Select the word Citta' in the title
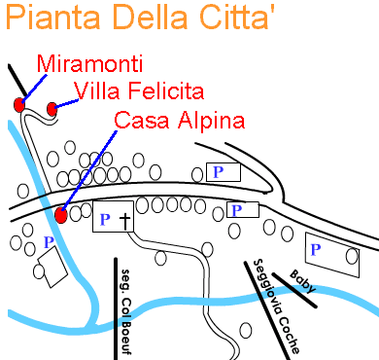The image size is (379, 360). point(247,18)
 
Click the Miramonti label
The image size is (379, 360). point(90,65)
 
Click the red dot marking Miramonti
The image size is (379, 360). point(19,104)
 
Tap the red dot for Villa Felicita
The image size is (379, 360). point(52,109)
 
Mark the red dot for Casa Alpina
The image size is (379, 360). point(61,215)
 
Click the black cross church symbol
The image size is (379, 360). point(124,221)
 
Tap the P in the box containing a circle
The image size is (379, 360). point(316,250)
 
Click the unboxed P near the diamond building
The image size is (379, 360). point(49,241)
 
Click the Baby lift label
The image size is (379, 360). point(301,281)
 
